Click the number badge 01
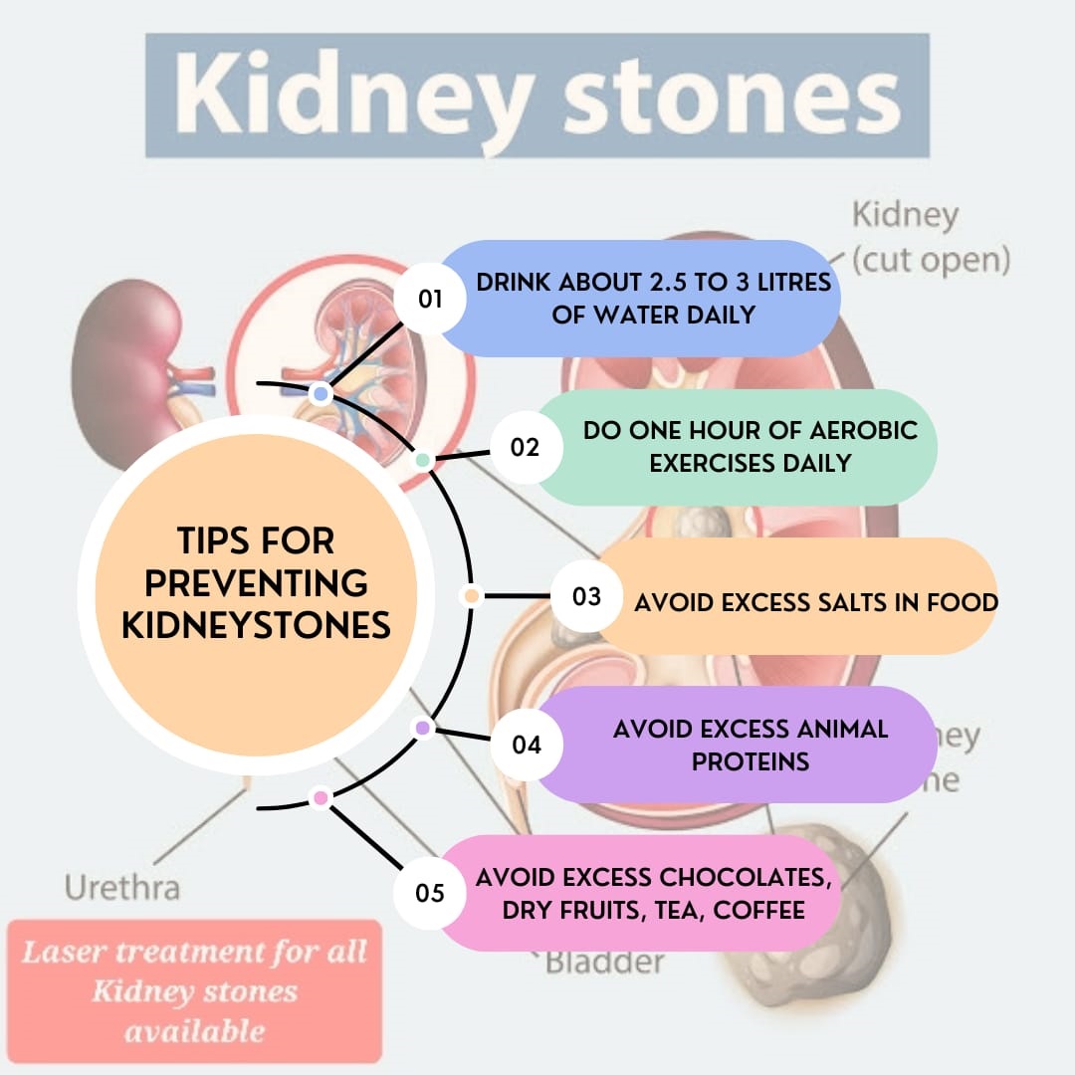[x=430, y=298]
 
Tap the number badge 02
[x=525, y=447]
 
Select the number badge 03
[x=587, y=596]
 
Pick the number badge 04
[x=527, y=744]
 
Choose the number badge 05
[x=430, y=893]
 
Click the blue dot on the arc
[x=320, y=394]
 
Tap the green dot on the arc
[x=422, y=461]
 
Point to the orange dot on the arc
[x=471, y=596]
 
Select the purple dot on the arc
[x=422, y=729]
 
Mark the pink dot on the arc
[x=320, y=797]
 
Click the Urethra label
[x=122, y=887]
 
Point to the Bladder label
[x=604, y=963]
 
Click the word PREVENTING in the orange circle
[x=256, y=582]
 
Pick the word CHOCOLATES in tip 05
[x=745, y=878]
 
